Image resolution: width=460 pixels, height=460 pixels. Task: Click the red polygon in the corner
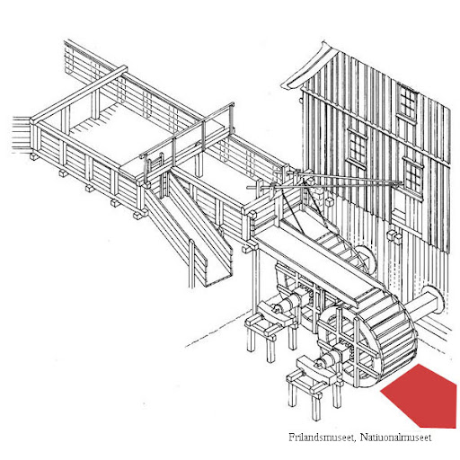(x=420, y=395)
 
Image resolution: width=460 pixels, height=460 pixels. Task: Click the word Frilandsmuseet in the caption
(x=323, y=438)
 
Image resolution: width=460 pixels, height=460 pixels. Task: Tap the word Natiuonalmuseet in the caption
(x=395, y=438)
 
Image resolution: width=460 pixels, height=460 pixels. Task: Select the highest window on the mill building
(x=407, y=102)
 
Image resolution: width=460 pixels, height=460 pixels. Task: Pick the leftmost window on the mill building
(x=357, y=148)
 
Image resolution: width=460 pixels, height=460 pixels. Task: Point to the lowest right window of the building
(x=412, y=177)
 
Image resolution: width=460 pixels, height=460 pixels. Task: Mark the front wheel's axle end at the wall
(x=432, y=300)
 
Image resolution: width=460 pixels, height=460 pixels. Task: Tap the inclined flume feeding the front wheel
(x=316, y=263)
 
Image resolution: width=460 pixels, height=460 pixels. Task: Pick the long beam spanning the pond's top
(x=78, y=93)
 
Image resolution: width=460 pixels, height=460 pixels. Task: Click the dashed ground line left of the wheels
(x=217, y=329)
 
